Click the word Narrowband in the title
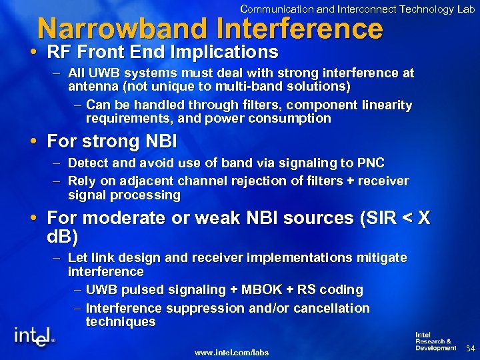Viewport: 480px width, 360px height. point(124,29)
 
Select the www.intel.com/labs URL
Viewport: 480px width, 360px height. point(231,351)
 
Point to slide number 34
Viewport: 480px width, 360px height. point(469,349)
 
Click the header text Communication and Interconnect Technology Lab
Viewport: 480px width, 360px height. point(357,9)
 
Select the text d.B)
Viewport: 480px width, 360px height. point(63,237)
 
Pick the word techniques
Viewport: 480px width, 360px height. point(121,322)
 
